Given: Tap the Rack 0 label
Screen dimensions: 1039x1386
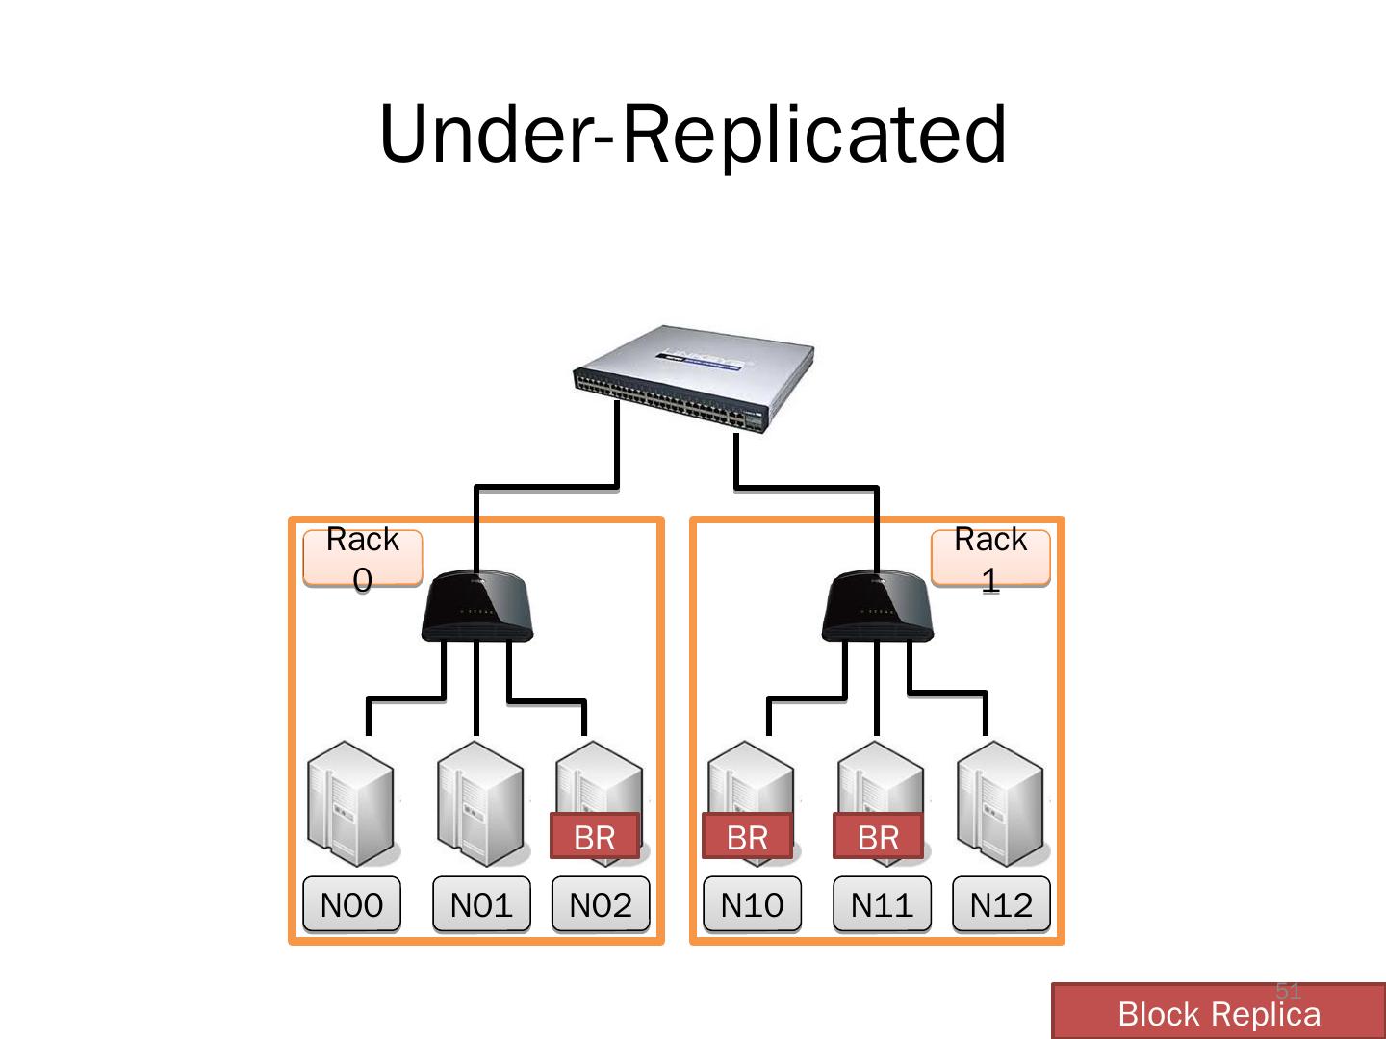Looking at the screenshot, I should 362,558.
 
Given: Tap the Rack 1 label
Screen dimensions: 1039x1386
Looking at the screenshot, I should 990,558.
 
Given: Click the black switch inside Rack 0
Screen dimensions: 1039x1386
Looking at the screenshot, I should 476,607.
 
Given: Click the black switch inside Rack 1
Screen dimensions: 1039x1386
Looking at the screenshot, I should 877,607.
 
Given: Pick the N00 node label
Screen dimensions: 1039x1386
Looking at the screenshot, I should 351,904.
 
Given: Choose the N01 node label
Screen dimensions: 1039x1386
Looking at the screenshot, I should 481,904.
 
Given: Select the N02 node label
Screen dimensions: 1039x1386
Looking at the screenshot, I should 601,904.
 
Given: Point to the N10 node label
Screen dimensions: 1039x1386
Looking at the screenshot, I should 752,904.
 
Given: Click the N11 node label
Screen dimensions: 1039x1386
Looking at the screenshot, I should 882,904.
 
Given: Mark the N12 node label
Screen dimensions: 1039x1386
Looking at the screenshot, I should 1001,904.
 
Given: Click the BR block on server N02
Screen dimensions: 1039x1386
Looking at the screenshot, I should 594,837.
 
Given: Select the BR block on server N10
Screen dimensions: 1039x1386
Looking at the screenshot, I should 747,837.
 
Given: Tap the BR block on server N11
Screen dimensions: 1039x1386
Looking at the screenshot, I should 878,837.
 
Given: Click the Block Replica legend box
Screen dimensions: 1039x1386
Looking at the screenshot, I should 1218,1013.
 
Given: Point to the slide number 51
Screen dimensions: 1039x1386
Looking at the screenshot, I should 1288,990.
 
